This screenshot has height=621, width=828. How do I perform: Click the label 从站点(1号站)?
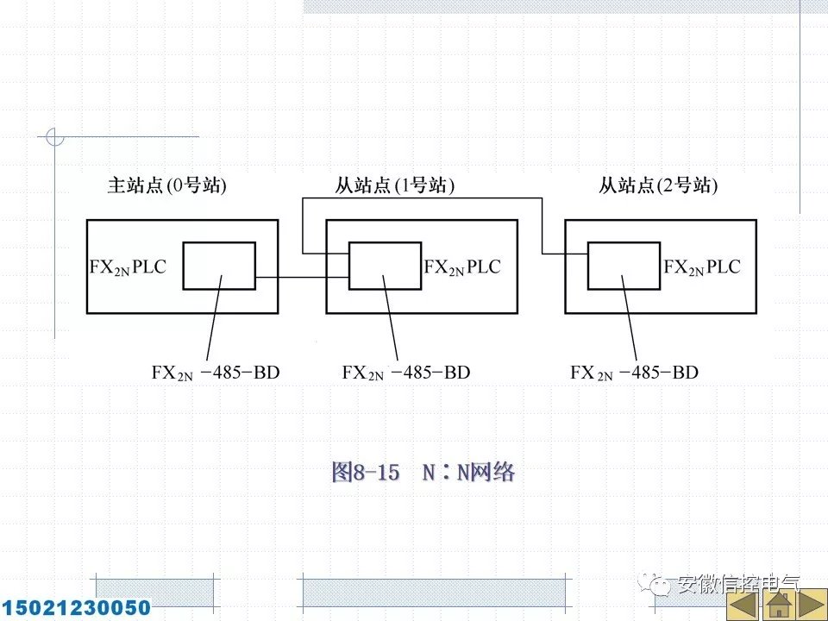395,185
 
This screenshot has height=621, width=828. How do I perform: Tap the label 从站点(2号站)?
658,185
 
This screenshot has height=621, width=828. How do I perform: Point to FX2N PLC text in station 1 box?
461,267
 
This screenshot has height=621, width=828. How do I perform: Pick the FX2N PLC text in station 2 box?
701,267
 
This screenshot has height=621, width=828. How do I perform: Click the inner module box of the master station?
219,266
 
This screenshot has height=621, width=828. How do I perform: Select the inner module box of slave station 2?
623,266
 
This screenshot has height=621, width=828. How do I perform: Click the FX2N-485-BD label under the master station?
216,373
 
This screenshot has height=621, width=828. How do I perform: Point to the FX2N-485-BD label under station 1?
405,373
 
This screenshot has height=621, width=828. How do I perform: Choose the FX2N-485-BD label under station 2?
634,373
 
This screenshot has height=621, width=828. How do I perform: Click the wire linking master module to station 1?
302,277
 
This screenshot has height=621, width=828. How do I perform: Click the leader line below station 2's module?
630,319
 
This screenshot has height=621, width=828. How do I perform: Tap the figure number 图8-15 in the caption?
366,473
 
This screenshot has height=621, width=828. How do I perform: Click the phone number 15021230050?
76,607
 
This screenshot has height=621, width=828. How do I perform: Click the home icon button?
781,603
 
